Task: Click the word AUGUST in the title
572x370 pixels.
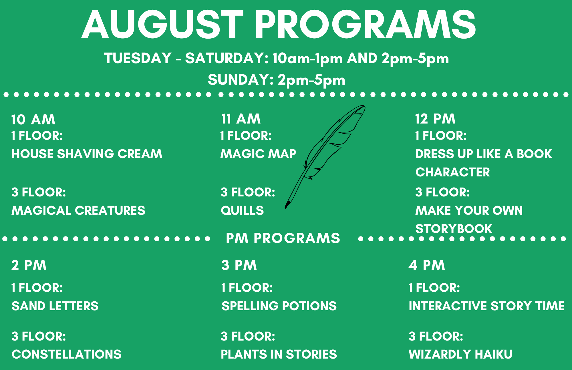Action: (x=162, y=24)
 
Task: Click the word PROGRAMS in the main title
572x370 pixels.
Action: (x=366, y=24)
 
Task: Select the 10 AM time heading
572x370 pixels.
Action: (x=33, y=120)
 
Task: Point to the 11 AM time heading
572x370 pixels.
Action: (x=241, y=119)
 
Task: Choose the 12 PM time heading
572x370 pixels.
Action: (x=435, y=119)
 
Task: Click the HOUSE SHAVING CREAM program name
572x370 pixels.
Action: (x=87, y=154)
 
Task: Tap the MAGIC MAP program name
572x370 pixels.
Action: (x=258, y=154)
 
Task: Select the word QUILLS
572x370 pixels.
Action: (x=242, y=210)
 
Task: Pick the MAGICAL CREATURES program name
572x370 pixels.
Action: (x=78, y=210)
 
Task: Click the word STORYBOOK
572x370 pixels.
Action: (x=454, y=229)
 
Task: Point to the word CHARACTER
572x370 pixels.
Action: (x=453, y=172)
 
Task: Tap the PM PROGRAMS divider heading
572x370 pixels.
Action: (x=283, y=238)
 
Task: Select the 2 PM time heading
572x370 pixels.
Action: (x=29, y=265)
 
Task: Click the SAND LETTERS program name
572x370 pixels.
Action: (x=55, y=306)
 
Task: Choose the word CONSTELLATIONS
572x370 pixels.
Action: (x=67, y=354)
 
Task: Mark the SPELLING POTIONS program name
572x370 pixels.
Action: (x=279, y=306)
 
